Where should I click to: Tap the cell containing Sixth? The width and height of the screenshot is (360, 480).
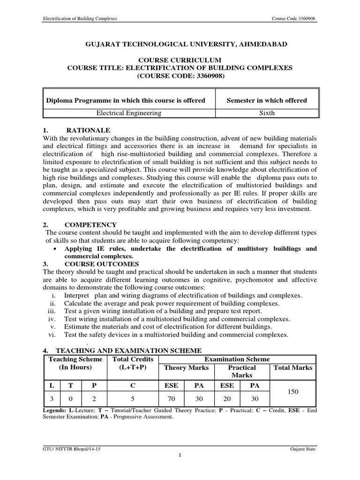[267, 113]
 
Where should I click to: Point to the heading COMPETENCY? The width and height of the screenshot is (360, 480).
[91, 225]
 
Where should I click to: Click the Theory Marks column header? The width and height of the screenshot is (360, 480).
[186, 368]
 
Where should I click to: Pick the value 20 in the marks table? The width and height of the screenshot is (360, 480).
[226, 399]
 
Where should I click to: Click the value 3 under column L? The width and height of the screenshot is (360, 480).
[52, 399]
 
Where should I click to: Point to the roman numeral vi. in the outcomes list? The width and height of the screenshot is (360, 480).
[52, 334]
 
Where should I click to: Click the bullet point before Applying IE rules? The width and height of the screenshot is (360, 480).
[56, 249]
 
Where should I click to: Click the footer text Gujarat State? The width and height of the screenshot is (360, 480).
[303, 449]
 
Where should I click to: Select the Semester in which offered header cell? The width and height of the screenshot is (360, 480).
[267, 100]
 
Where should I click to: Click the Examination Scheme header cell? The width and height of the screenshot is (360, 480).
[237, 359]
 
